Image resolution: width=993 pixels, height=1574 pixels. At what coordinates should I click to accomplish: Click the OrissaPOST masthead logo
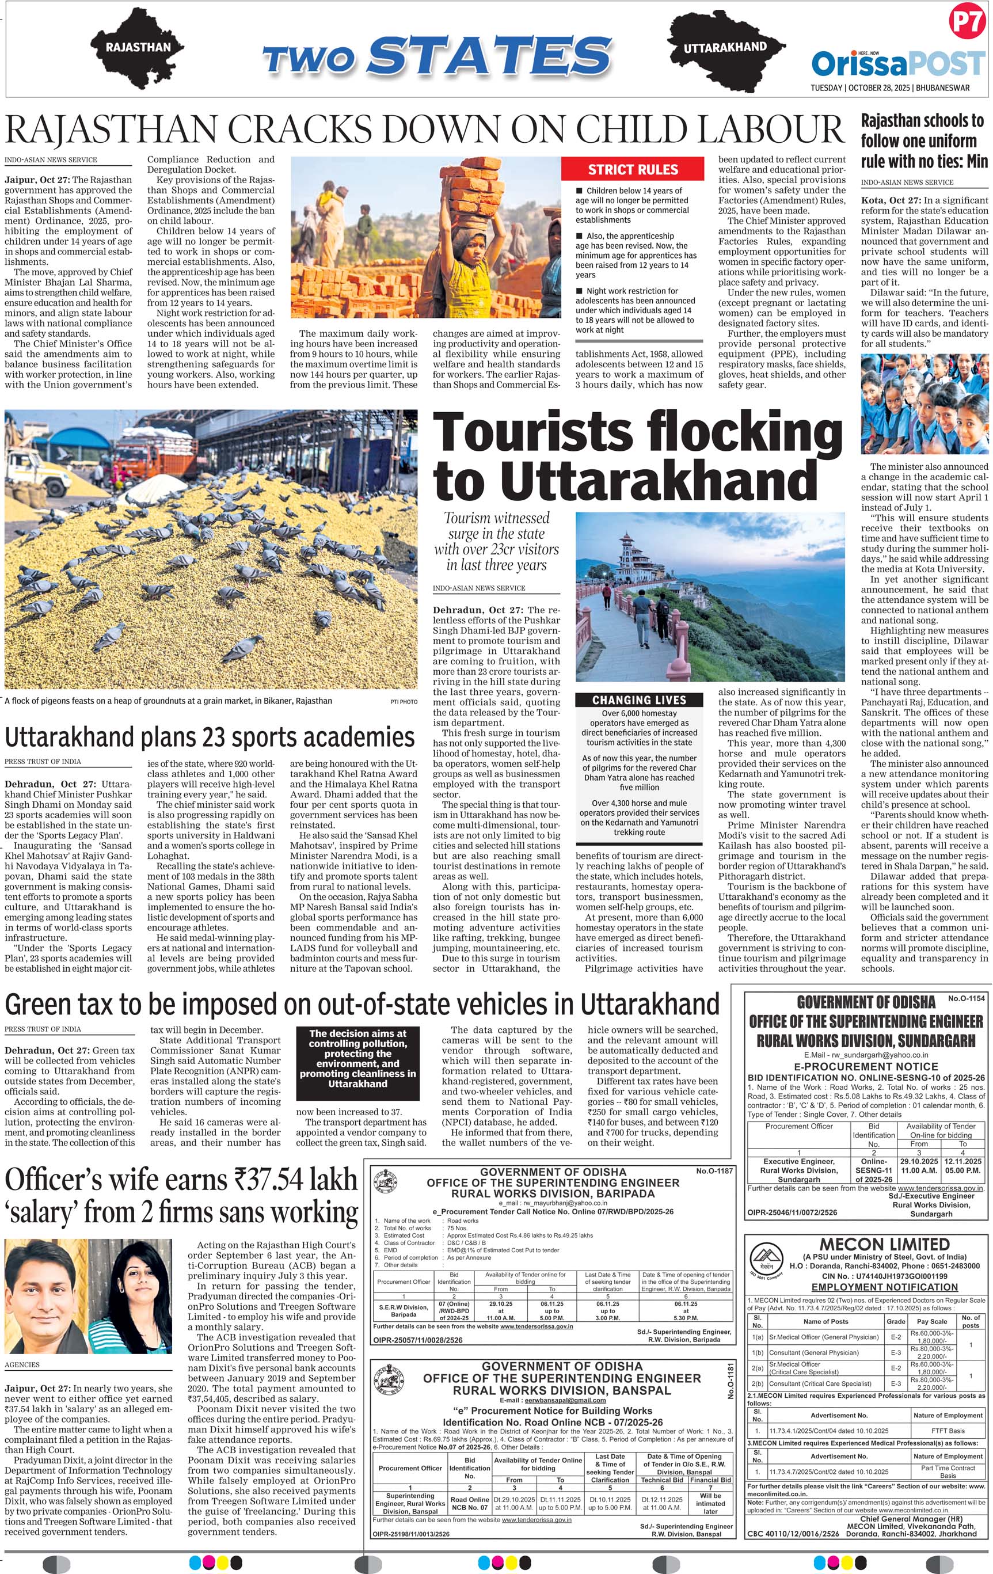pos(898,63)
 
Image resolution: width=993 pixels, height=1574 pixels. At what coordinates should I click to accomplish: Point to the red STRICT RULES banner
pos(633,170)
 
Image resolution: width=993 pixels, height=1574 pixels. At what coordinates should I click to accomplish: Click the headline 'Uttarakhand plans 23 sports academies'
pos(209,737)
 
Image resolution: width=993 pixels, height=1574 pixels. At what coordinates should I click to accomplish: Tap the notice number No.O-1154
pos(965,999)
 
